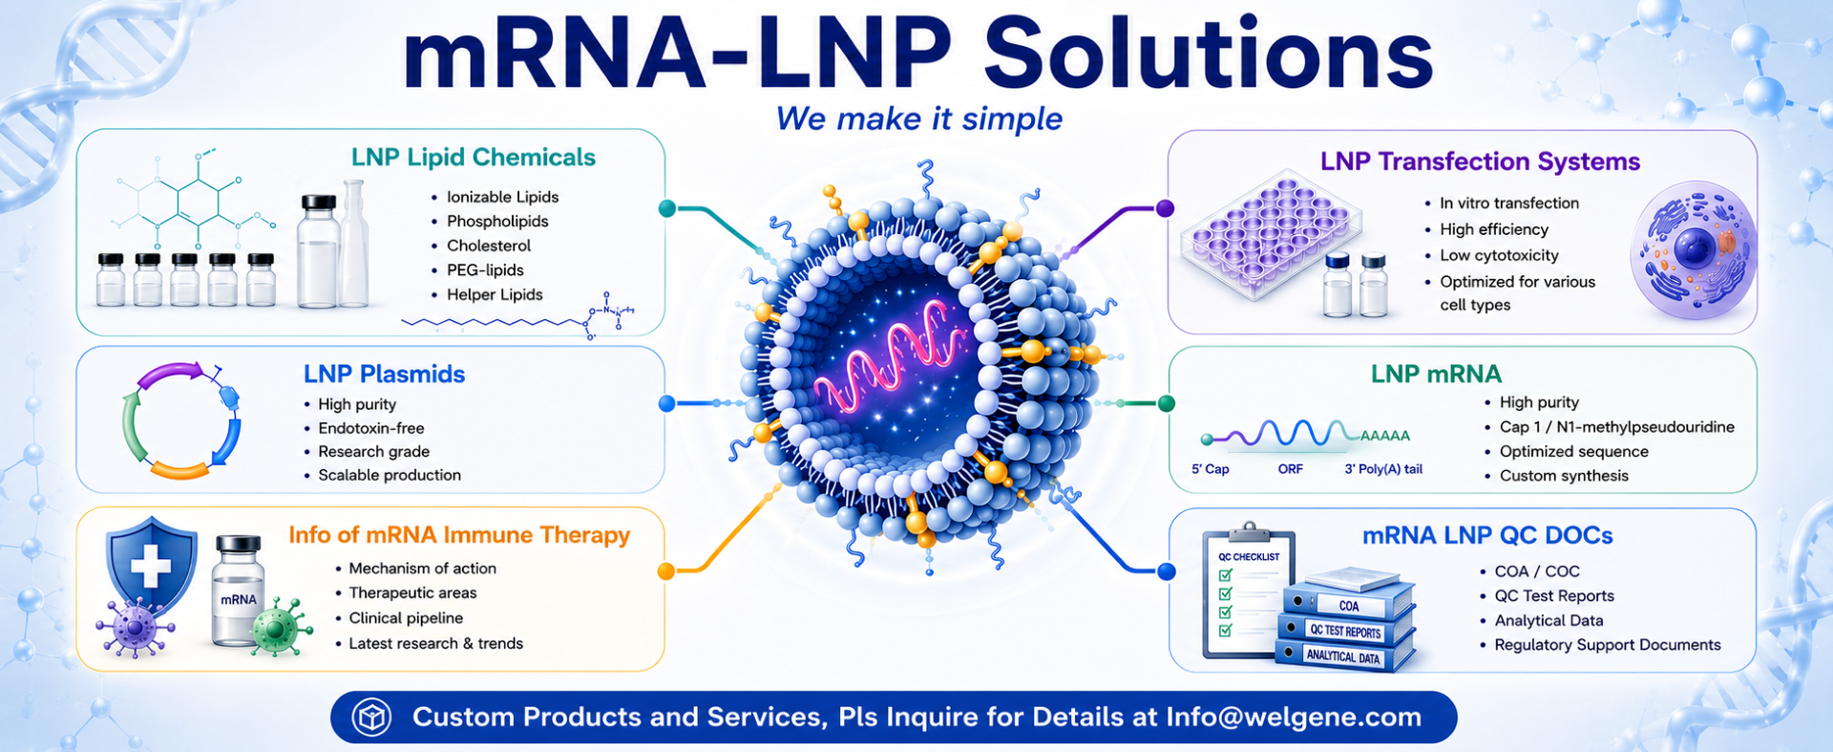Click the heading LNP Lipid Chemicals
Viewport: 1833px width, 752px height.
(x=474, y=158)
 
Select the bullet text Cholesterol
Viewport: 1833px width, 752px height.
(x=489, y=246)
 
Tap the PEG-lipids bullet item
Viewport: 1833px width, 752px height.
(x=485, y=270)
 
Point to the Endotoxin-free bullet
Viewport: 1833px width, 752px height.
(x=371, y=428)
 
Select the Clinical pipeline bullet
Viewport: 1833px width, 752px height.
(x=406, y=618)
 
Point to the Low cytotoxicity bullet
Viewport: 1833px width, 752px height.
(x=1499, y=255)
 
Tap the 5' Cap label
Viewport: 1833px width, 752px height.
(x=1210, y=469)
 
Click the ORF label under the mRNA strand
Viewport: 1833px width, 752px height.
(x=1290, y=469)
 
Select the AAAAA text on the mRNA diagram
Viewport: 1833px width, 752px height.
(x=1384, y=436)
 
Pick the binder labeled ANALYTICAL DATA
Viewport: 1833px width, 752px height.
(x=1343, y=656)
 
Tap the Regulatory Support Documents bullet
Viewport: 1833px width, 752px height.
(x=1608, y=645)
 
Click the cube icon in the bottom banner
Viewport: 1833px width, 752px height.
(x=371, y=718)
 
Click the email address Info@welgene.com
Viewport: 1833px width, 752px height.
(x=1294, y=718)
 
